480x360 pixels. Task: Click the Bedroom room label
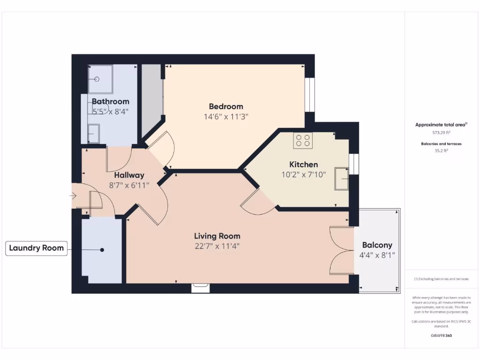pos(226,106)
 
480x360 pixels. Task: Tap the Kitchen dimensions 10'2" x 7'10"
pos(303,174)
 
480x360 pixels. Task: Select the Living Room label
pos(217,236)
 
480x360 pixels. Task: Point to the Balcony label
pos(377,245)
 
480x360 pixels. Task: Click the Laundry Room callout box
pos(37,248)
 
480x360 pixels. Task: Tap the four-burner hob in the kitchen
pos(303,141)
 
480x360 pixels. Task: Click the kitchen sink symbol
pos(341,178)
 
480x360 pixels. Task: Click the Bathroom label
pos(110,101)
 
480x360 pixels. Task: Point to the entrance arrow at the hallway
pos(74,195)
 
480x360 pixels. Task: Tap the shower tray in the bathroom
pos(99,79)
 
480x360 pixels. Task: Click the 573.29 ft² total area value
pos(441,133)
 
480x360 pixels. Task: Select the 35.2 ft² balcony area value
pos(441,151)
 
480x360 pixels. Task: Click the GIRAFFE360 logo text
pos(441,336)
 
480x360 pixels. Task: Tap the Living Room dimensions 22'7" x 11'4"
pos(217,246)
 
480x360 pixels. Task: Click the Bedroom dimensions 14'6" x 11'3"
pos(226,116)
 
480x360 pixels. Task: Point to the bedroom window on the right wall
pos(309,95)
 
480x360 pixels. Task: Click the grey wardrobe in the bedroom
pos(151,98)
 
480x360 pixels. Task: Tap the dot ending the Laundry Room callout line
pos(102,250)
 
